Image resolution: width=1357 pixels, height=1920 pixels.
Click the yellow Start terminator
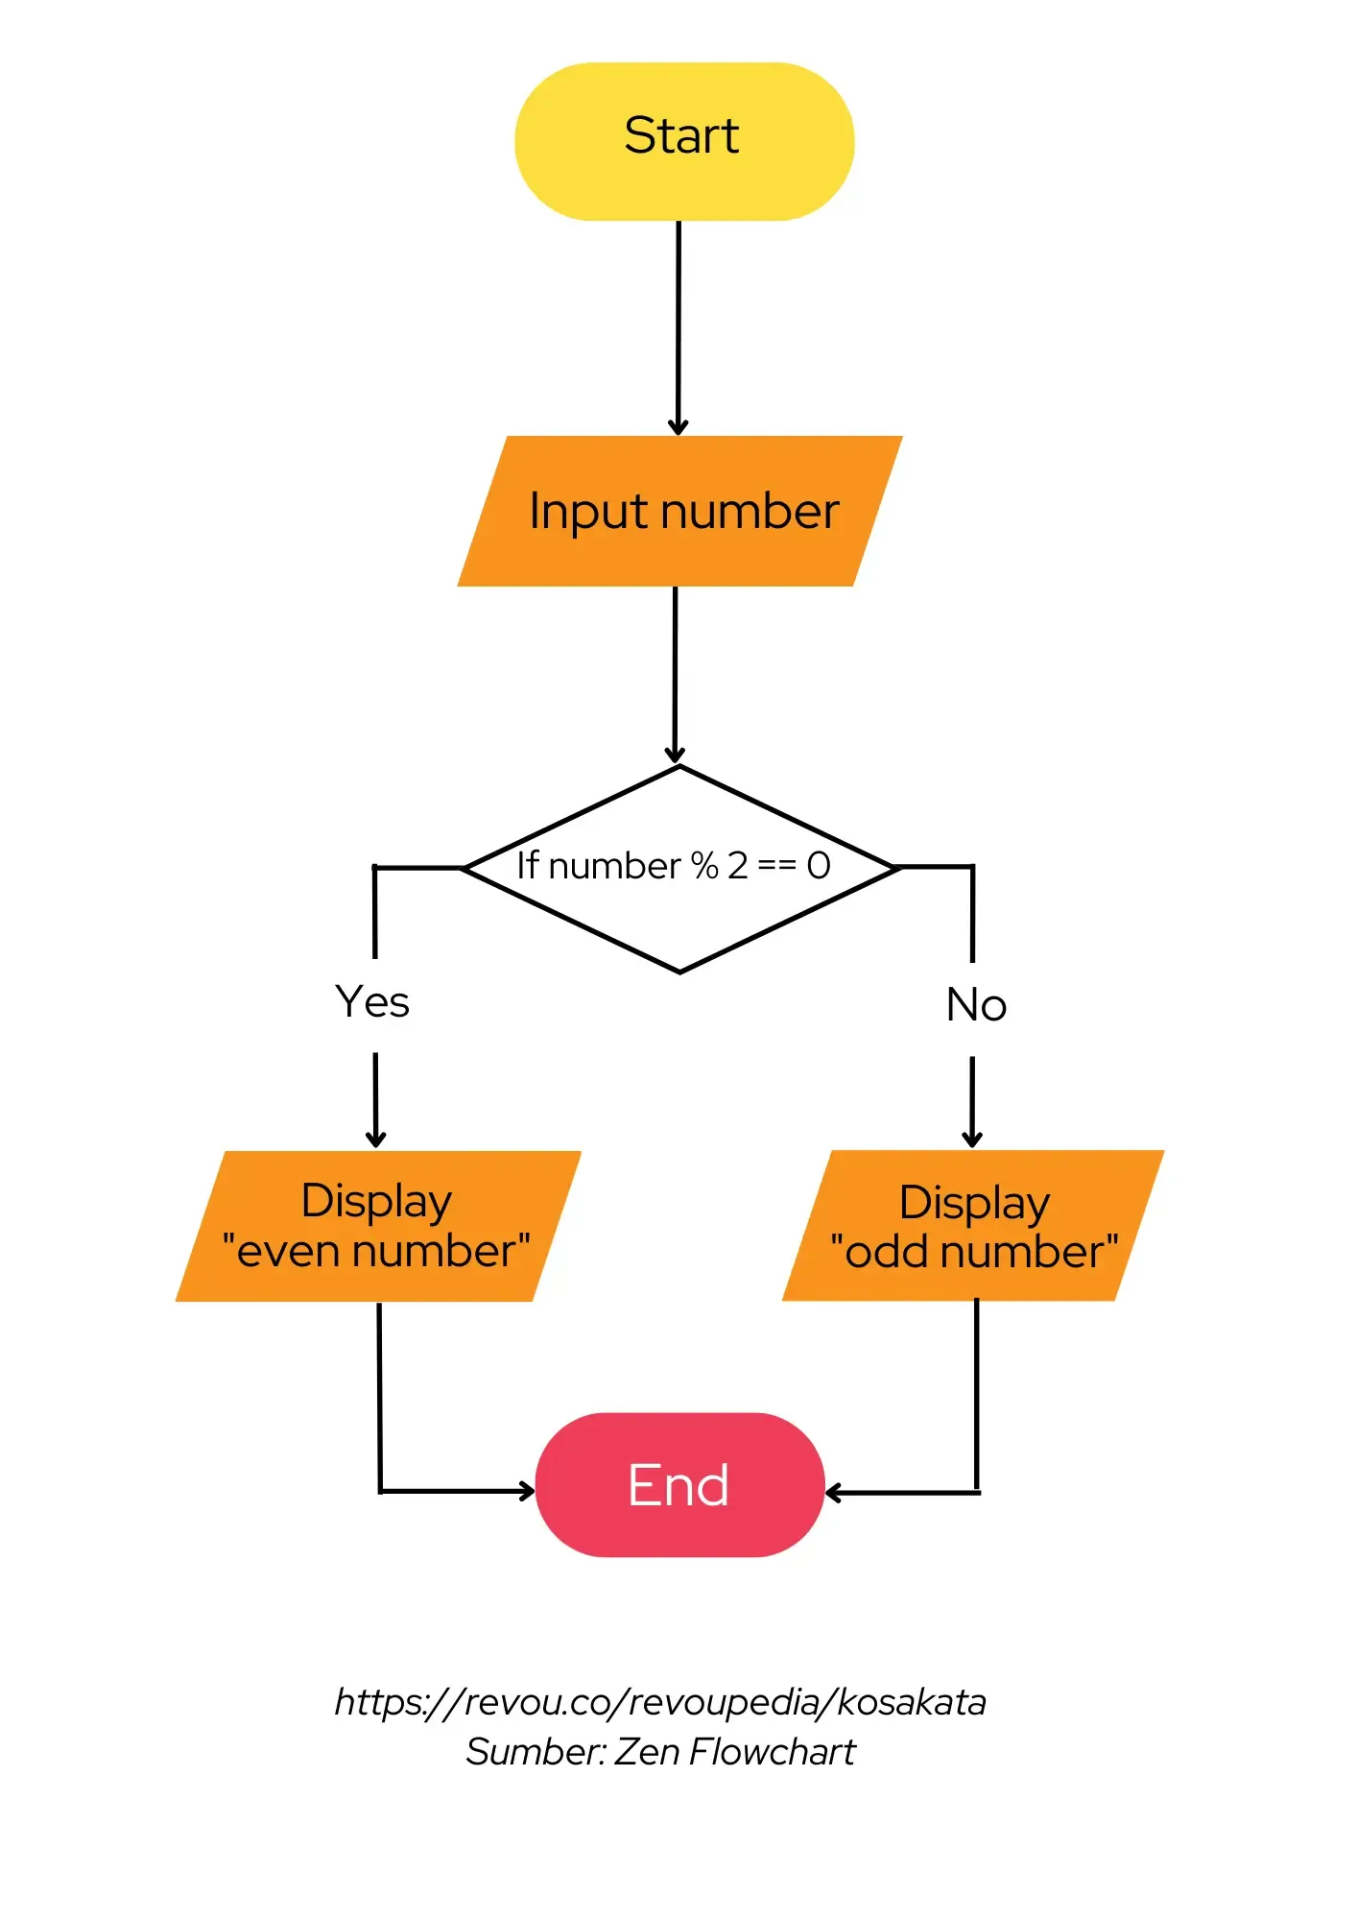[x=683, y=141]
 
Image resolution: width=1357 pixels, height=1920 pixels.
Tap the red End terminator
[x=679, y=1484]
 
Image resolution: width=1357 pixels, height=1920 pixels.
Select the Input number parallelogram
[x=680, y=511]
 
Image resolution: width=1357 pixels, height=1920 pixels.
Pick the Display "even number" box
[x=377, y=1226]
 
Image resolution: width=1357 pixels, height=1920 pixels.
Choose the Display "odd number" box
[x=973, y=1226]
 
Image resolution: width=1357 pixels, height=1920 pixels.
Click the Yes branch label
[x=372, y=1002]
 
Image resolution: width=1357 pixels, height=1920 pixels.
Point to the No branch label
[x=976, y=1005]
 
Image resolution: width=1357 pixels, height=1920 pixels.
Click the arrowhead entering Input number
[x=678, y=427]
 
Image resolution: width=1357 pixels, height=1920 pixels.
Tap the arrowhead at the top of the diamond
[x=676, y=755]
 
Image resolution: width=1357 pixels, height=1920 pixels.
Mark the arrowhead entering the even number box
[x=376, y=1140]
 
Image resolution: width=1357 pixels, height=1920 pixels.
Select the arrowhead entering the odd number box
[x=972, y=1140]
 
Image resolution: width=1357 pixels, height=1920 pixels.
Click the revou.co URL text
[x=660, y=1702]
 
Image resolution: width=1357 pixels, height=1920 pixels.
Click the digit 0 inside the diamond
[x=819, y=866]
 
